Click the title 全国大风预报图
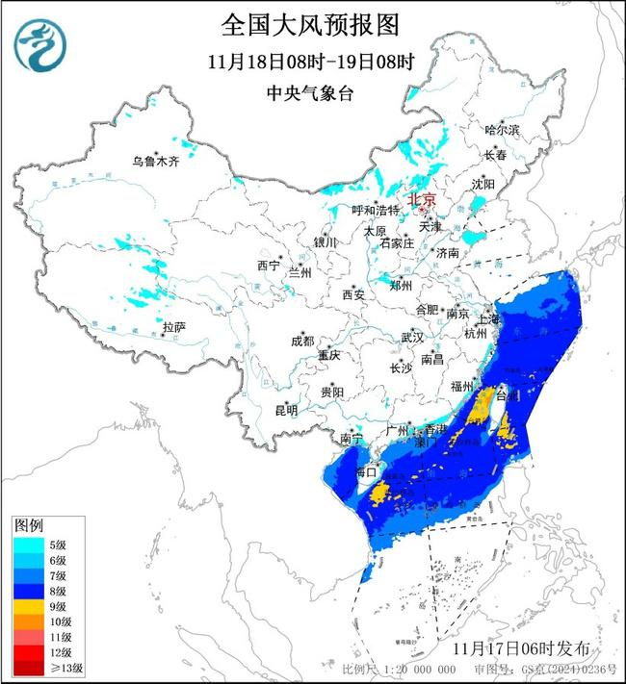coord(310,23)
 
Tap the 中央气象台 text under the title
coord(310,93)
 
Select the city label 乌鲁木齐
coord(156,161)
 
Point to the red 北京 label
coord(423,199)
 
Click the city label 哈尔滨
coord(502,129)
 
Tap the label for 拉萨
coord(173,327)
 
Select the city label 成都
coord(301,341)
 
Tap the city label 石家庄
coord(396,243)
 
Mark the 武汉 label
coord(412,338)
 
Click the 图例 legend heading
coord(28,525)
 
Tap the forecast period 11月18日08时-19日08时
coord(310,62)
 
